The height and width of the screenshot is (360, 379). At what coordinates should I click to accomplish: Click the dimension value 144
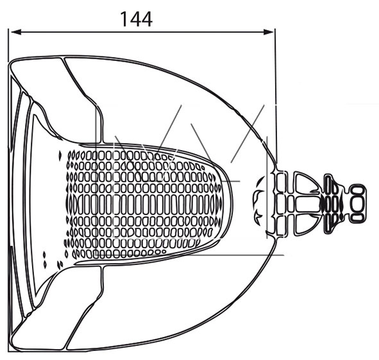(136, 19)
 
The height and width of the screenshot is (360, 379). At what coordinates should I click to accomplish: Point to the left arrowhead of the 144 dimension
(16, 32)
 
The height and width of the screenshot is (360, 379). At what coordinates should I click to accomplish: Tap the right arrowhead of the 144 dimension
(268, 32)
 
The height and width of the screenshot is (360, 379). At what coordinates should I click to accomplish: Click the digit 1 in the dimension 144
(124, 19)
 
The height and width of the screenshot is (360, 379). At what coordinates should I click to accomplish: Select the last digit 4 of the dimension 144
(147, 19)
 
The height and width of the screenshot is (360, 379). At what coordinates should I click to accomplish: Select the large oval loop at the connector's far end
(358, 203)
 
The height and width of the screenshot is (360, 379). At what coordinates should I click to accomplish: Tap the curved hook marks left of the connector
(258, 201)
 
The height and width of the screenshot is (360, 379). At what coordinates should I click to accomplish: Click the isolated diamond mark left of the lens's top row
(60, 155)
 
